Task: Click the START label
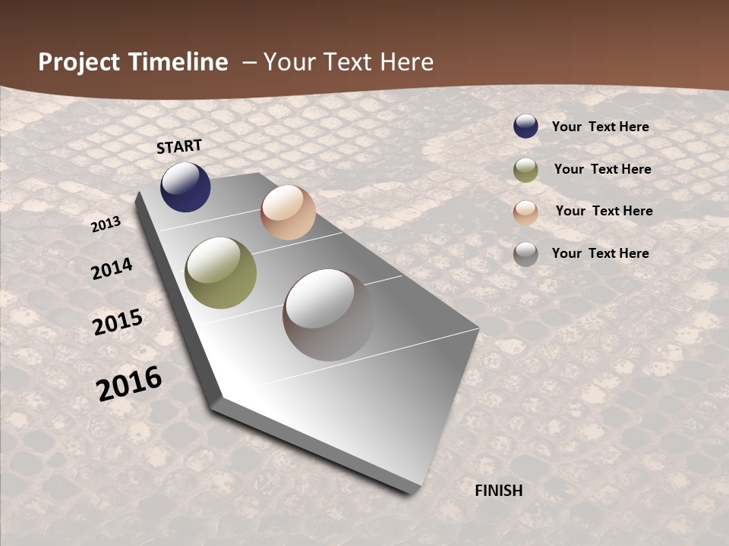click(x=179, y=146)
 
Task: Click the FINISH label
click(x=498, y=491)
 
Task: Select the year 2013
click(x=106, y=224)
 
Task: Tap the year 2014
click(x=112, y=269)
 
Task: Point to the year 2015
click(x=118, y=322)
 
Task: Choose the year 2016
click(x=129, y=383)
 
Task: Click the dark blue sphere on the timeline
click(x=185, y=187)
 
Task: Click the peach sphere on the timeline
click(x=288, y=212)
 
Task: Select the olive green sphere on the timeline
click(x=220, y=273)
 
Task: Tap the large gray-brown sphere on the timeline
click(x=328, y=315)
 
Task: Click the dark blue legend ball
click(x=525, y=127)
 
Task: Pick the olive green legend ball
click(x=525, y=170)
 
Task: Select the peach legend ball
click(x=525, y=212)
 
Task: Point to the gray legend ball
click(x=525, y=254)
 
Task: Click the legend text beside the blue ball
click(x=600, y=127)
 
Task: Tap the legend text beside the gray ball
click(x=600, y=253)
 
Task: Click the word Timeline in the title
click(x=178, y=62)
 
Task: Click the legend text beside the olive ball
click(x=602, y=169)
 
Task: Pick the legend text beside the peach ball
click(x=604, y=211)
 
